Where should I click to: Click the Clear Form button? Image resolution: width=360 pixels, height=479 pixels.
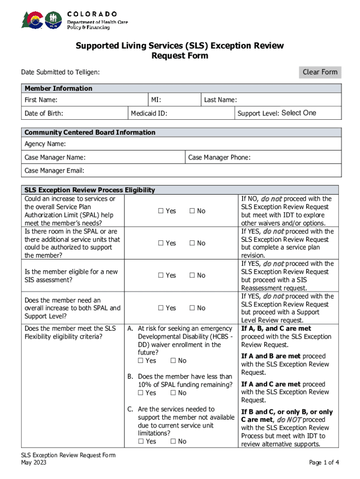pos(320,72)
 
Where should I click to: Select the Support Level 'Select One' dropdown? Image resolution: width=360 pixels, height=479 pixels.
pos(299,113)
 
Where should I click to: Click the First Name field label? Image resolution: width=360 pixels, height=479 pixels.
pos(41,100)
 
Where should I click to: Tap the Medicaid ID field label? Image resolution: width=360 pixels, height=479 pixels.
pos(149,113)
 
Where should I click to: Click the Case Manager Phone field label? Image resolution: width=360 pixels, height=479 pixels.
pos(219,158)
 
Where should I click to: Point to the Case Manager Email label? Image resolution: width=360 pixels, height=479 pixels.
pos(54,171)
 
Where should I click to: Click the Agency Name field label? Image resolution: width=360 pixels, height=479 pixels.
pos(45,144)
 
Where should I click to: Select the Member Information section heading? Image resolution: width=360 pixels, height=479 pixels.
pos(58,88)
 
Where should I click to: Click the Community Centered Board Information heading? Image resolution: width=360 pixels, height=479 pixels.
pos(90,132)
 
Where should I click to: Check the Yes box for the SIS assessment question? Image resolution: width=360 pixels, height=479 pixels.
pos(160,276)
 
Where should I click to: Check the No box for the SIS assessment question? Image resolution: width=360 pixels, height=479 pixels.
pos(192,276)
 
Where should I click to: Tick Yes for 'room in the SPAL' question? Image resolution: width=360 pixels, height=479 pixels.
pos(160,243)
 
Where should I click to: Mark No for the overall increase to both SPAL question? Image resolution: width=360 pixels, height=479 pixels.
pos(192,308)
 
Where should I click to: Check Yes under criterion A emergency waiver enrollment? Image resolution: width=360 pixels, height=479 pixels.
pos(141,361)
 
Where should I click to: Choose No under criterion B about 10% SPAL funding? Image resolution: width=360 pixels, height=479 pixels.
pos(173,393)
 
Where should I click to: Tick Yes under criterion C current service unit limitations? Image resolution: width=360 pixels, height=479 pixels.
pos(141,441)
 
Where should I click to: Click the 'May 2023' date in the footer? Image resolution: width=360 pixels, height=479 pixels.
pos(34,463)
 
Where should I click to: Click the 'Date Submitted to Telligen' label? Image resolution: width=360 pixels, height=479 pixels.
pos(60,72)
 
